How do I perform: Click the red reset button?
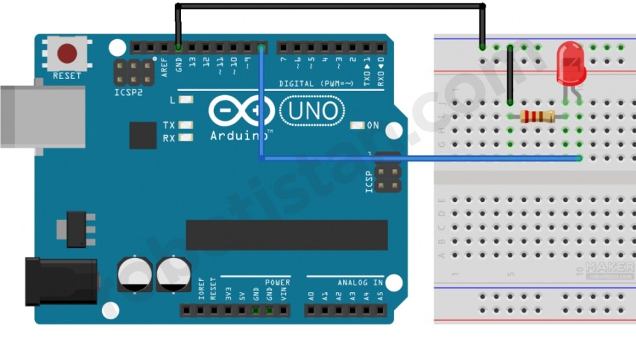67,53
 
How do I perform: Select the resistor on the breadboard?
538,116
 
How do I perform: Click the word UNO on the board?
312,110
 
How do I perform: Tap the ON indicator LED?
357,126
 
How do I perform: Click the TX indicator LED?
185,125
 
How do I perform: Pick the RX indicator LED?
185,138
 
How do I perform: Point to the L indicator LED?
185,100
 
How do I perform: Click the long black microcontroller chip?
287,235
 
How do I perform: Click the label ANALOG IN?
361,282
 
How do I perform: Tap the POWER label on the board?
277,282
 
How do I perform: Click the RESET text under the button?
67,75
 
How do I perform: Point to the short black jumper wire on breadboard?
510,75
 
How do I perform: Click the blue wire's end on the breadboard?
579,158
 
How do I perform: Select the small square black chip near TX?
143,135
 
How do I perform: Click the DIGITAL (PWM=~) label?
315,83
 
